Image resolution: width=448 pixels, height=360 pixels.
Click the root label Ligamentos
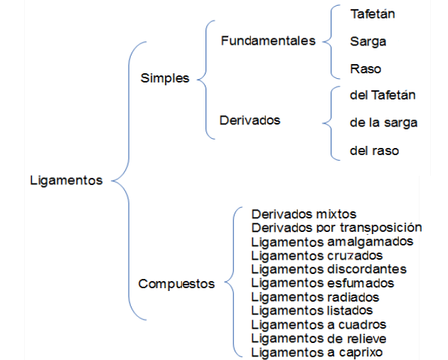(x=66, y=181)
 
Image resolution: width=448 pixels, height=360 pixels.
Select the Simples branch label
(x=165, y=78)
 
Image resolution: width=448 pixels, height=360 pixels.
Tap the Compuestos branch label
(x=176, y=284)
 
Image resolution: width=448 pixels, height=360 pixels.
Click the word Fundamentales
(x=268, y=41)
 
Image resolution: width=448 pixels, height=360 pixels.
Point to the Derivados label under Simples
(x=250, y=120)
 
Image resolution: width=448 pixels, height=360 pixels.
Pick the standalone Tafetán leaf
(x=373, y=14)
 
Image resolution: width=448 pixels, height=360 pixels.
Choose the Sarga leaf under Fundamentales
(x=368, y=42)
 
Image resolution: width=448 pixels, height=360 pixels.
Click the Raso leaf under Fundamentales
(x=366, y=69)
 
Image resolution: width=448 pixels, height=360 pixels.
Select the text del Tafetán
(x=383, y=95)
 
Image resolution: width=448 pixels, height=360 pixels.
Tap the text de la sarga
(x=384, y=123)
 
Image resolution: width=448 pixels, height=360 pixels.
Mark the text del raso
(x=374, y=151)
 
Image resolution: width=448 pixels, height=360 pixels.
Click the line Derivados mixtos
(x=304, y=214)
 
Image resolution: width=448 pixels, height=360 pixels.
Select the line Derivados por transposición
(x=336, y=228)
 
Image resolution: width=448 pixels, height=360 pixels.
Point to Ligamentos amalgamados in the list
(x=332, y=242)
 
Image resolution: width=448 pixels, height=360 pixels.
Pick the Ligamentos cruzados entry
(x=317, y=255)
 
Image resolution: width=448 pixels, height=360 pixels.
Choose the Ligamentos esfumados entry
(x=323, y=283)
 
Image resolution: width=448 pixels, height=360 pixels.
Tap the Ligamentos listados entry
(x=312, y=310)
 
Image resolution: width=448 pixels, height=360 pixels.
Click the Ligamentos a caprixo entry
(x=317, y=352)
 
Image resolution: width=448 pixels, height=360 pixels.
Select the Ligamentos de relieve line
(x=319, y=339)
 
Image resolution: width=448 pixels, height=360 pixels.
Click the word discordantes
(x=366, y=270)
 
